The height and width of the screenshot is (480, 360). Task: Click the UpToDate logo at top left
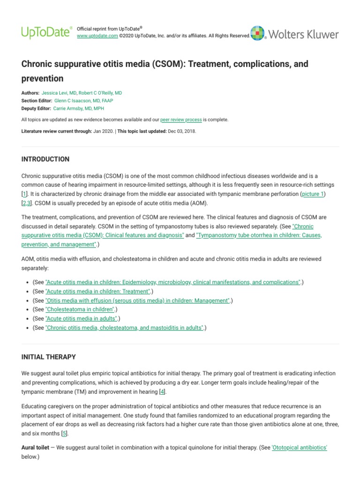click(x=47, y=32)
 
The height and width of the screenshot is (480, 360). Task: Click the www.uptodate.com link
click(x=97, y=36)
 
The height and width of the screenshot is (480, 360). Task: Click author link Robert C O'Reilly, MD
click(x=100, y=93)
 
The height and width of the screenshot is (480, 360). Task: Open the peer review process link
click(x=181, y=120)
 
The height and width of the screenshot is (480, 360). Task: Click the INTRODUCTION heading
click(x=45, y=159)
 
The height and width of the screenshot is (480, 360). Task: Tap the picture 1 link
click(x=313, y=194)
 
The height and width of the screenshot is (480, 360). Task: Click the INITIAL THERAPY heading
click(x=48, y=357)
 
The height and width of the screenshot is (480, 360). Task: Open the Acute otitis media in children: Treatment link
click(x=97, y=291)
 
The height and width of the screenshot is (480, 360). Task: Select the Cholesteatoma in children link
click(x=80, y=309)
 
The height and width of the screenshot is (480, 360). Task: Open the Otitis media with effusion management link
click(x=137, y=300)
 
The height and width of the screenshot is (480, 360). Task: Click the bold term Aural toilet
click(x=35, y=448)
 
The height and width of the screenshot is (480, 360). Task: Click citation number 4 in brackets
click(x=162, y=391)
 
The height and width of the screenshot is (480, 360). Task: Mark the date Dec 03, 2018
click(x=181, y=131)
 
